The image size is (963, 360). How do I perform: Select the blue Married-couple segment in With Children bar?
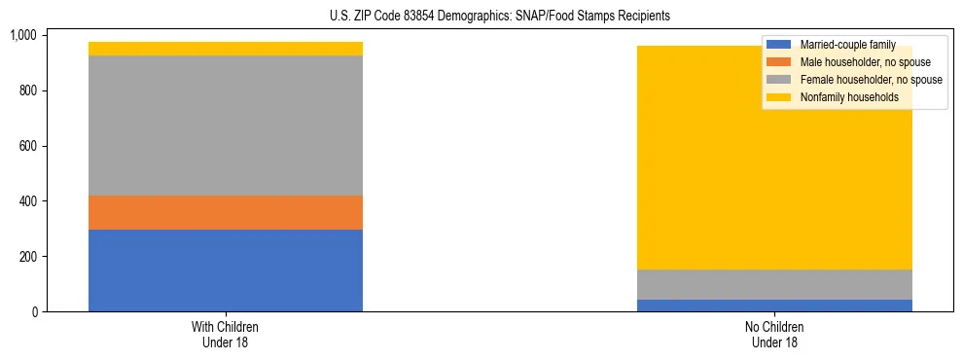coord(226,270)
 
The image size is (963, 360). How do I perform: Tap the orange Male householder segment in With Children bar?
coord(226,212)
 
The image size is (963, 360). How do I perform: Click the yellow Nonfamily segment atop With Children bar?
coord(226,49)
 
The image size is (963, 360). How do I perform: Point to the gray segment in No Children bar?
coord(775,284)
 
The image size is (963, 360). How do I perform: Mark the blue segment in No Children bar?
coord(775,306)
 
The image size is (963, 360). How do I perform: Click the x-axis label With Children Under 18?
coord(226,335)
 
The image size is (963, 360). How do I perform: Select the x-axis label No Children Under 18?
coord(775,335)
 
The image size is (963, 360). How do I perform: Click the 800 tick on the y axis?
coord(27,90)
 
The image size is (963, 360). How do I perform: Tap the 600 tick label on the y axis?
coord(27,146)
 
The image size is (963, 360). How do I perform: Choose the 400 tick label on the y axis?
coord(27,201)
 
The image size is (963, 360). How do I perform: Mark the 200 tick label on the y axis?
coord(27,257)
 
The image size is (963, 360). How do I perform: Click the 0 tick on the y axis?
coord(34,312)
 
